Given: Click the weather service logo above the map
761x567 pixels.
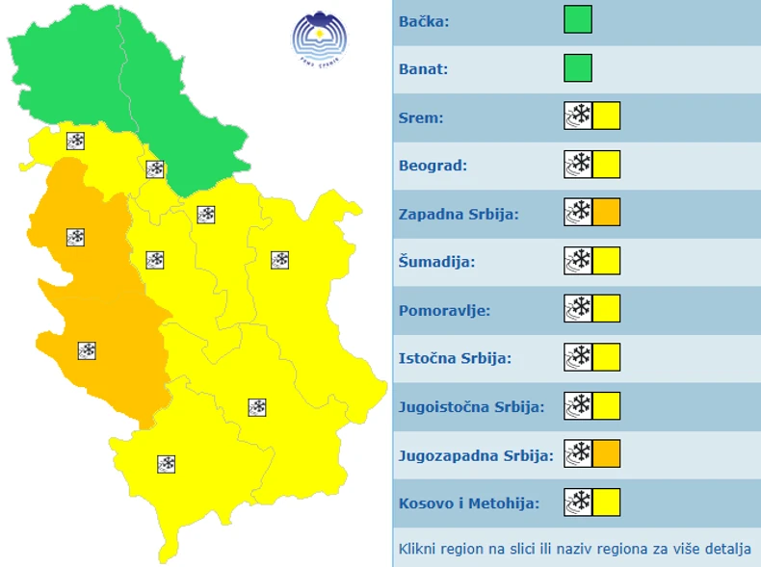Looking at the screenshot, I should tap(320, 37).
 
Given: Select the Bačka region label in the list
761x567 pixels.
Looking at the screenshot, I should tap(424, 20).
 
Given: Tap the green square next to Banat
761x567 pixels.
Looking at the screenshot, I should tap(578, 68).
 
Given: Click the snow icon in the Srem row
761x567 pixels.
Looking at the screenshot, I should tap(578, 116).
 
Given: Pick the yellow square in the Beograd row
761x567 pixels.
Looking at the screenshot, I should tap(607, 165).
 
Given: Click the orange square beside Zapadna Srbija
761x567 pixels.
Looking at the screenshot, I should tap(607, 213).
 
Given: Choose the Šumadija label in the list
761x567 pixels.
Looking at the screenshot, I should tap(436, 262).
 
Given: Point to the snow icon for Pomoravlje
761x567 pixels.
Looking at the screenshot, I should tap(578, 309).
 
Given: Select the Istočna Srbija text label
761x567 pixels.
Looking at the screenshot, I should tap(455, 358).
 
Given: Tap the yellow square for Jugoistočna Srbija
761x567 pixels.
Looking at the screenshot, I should tap(607, 406).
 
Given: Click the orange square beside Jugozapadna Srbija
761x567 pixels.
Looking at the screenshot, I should tap(607, 453).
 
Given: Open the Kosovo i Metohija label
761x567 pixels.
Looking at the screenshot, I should tap(468, 503).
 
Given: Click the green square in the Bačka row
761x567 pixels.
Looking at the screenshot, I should tap(578, 20).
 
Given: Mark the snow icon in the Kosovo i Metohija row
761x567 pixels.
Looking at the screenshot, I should tap(578, 502).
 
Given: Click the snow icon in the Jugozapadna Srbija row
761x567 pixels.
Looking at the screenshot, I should tap(578, 453).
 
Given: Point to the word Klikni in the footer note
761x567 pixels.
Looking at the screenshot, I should tap(418, 550).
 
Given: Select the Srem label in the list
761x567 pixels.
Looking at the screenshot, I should tap(420, 117).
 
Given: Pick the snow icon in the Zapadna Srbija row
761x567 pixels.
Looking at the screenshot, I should tap(578, 213).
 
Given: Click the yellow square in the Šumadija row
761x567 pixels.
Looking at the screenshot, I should tap(607, 261).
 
